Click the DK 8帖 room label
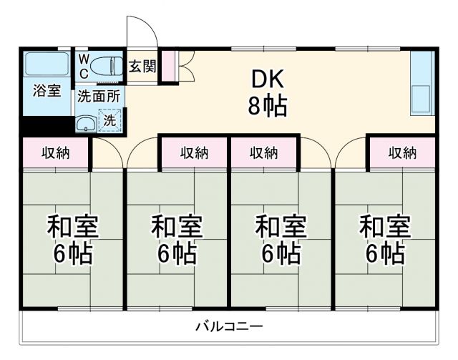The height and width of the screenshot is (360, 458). point(268,92)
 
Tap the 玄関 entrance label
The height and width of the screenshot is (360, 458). point(142,66)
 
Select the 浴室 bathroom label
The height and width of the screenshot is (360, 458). point(47,91)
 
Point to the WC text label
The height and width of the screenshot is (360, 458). point(83,64)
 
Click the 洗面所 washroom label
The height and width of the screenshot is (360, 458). point(99,94)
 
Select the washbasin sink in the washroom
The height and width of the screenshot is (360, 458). point(86,123)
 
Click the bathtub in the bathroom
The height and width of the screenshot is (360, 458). point(47,65)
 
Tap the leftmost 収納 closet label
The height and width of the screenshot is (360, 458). point(55,152)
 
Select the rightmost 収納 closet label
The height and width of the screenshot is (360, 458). point(402,152)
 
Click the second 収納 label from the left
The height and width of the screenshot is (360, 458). point(194,152)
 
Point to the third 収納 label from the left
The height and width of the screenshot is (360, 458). point(263,152)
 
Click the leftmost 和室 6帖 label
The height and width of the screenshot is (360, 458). point(72,240)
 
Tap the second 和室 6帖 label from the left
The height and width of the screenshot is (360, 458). point(176,240)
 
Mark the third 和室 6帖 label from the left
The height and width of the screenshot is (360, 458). point(281,240)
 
